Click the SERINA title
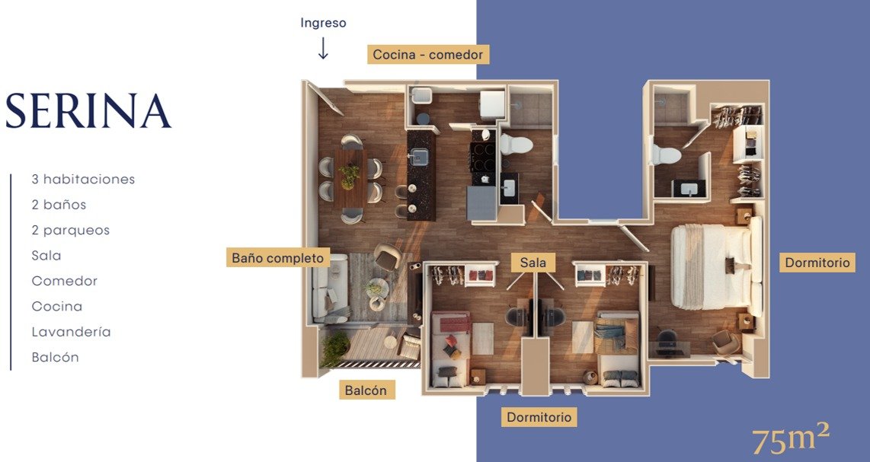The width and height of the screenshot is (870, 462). pyautogui.click(x=88, y=111)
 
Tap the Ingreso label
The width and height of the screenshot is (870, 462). pyautogui.click(x=323, y=23)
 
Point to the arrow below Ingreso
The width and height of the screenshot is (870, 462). pyautogui.click(x=323, y=49)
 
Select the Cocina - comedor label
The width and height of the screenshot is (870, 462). pyautogui.click(x=428, y=54)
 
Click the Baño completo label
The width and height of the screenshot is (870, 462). pyautogui.click(x=278, y=258)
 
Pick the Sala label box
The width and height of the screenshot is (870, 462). pyautogui.click(x=533, y=263)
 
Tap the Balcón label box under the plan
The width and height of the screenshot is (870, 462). pyautogui.click(x=366, y=390)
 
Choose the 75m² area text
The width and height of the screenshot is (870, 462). pyautogui.click(x=792, y=439)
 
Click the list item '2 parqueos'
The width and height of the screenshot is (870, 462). pyautogui.click(x=70, y=230)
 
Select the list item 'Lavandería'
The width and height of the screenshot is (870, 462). pyautogui.click(x=71, y=332)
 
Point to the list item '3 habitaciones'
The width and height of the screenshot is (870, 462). pyautogui.click(x=83, y=179)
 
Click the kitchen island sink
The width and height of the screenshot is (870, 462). pyautogui.click(x=419, y=156)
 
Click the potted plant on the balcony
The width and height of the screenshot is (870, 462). pyautogui.click(x=334, y=349)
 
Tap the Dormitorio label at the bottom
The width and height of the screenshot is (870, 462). pyautogui.click(x=539, y=417)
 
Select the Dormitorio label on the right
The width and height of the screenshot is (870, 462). pyautogui.click(x=817, y=263)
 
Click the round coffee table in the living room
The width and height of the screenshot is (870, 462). pyautogui.click(x=376, y=288)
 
